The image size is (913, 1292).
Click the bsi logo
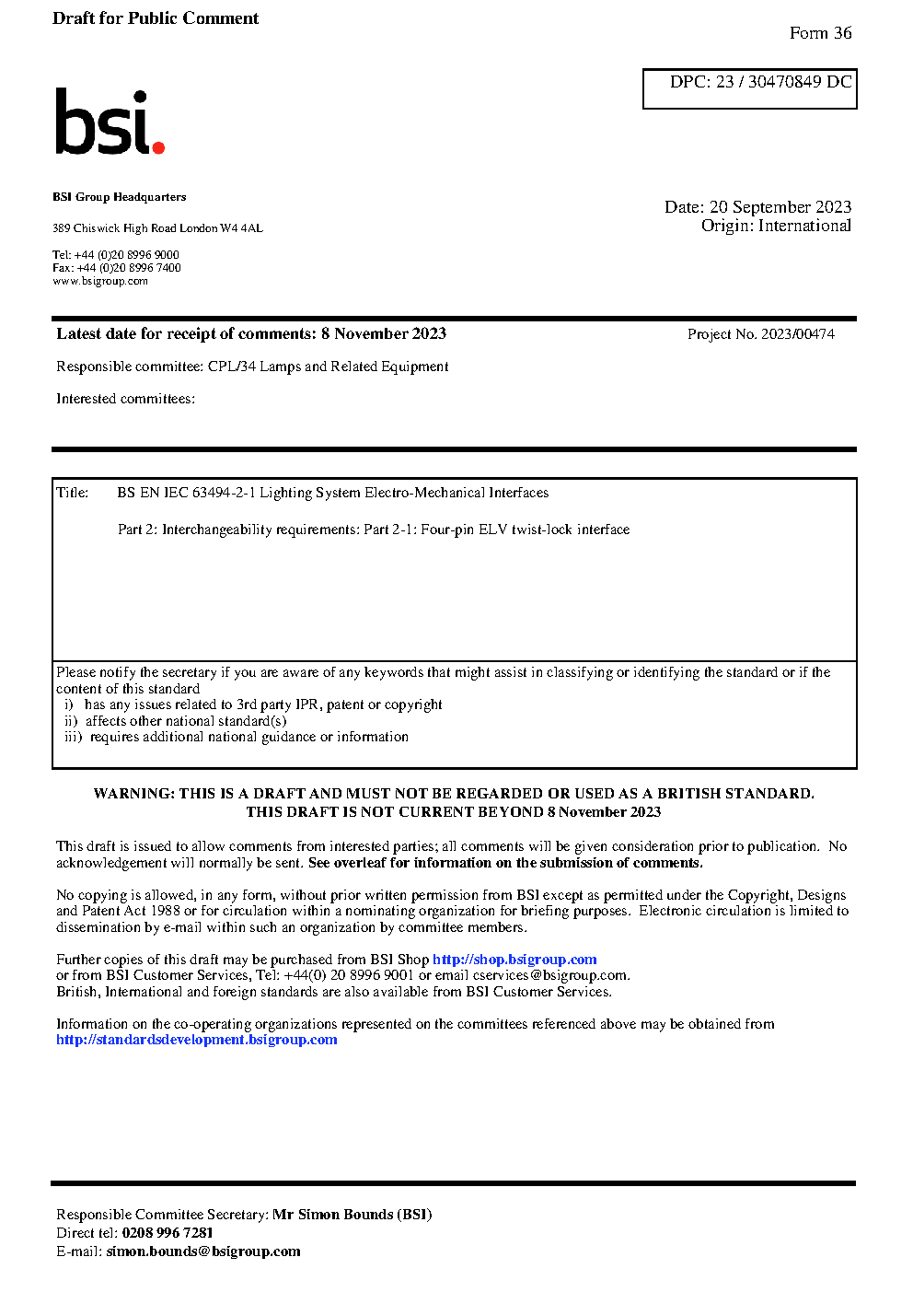[108, 122]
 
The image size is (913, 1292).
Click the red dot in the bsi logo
[158, 147]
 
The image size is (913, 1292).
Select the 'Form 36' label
[820, 33]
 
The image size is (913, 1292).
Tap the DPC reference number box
[749, 88]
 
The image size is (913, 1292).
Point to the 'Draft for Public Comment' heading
[156, 18]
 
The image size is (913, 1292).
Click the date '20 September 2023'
[780, 207]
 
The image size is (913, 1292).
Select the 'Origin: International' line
[776, 226]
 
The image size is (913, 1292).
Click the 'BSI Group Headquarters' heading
[119, 197]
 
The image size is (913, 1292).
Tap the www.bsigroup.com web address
[100, 281]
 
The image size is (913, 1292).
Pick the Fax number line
[117, 268]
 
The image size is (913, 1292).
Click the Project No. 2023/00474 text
[760, 334]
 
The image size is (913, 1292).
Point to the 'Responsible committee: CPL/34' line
[252, 367]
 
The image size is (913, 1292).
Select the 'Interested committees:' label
[125, 399]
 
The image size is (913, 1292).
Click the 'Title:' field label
[73, 493]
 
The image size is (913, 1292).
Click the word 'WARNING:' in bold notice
[134, 794]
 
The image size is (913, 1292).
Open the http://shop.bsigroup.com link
[514, 960]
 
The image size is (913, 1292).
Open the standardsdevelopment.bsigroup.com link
[197, 1040]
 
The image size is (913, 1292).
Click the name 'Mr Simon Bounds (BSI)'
[352, 1215]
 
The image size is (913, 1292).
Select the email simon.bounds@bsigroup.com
[203, 1251]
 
